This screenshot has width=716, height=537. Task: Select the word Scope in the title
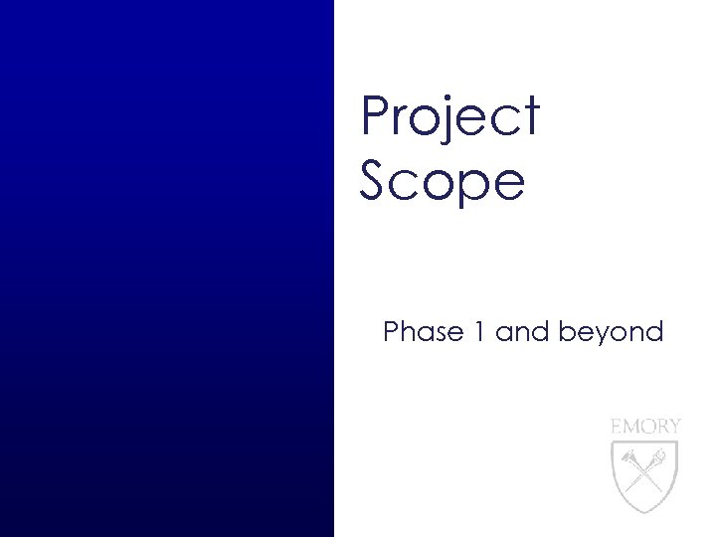click(442, 182)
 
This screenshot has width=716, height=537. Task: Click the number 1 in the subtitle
click(478, 332)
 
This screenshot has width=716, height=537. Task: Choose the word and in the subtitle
click(521, 332)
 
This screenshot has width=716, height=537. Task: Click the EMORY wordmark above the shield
click(645, 426)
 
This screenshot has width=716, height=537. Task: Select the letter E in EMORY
click(615, 426)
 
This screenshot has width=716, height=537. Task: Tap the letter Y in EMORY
click(675, 426)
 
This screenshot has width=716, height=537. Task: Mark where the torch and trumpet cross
click(645, 466)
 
